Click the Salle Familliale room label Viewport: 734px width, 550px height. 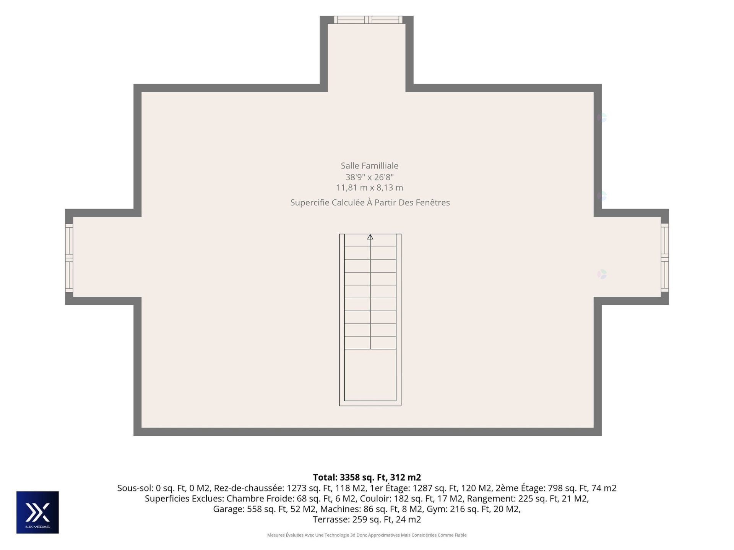click(369, 166)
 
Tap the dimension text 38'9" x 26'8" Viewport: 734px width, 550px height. click(369, 177)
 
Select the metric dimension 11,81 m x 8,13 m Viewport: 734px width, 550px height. click(369, 188)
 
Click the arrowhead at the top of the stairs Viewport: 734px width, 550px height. click(370, 237)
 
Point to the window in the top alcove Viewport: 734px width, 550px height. click(368, 20)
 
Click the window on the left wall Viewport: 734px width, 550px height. click(69, 258)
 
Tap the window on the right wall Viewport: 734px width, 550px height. click(665, 258)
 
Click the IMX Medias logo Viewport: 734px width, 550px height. click(37, 512)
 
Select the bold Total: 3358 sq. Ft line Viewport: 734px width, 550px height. click(367, 477)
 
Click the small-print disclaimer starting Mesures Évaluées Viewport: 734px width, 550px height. click(367, 535)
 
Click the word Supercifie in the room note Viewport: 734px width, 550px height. click(310, 202)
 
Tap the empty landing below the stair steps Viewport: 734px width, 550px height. click(370, 375)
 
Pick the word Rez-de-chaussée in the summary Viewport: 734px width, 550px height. click(249, 488)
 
